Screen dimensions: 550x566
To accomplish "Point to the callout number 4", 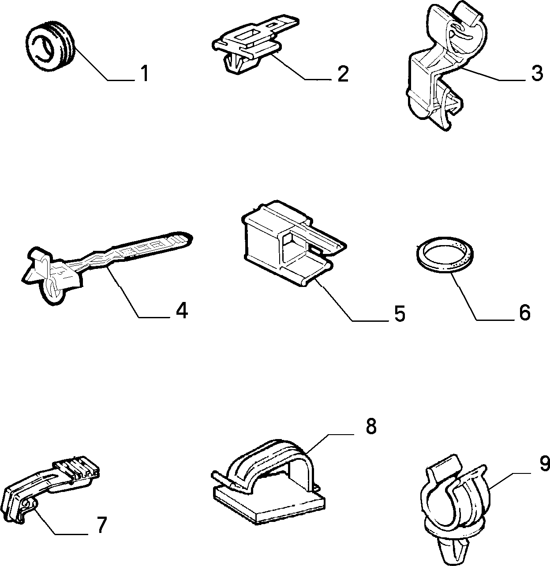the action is click(182, 310).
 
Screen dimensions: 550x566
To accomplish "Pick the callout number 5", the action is click(400, 313).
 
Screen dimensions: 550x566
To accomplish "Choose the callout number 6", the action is click(525, 313).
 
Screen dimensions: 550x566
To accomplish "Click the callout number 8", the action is click(371, 427).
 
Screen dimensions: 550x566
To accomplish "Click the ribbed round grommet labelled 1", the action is click(50, 49).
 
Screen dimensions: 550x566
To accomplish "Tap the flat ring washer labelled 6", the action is click(444, 255).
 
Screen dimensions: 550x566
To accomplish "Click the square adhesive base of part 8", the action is click(269, 505).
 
